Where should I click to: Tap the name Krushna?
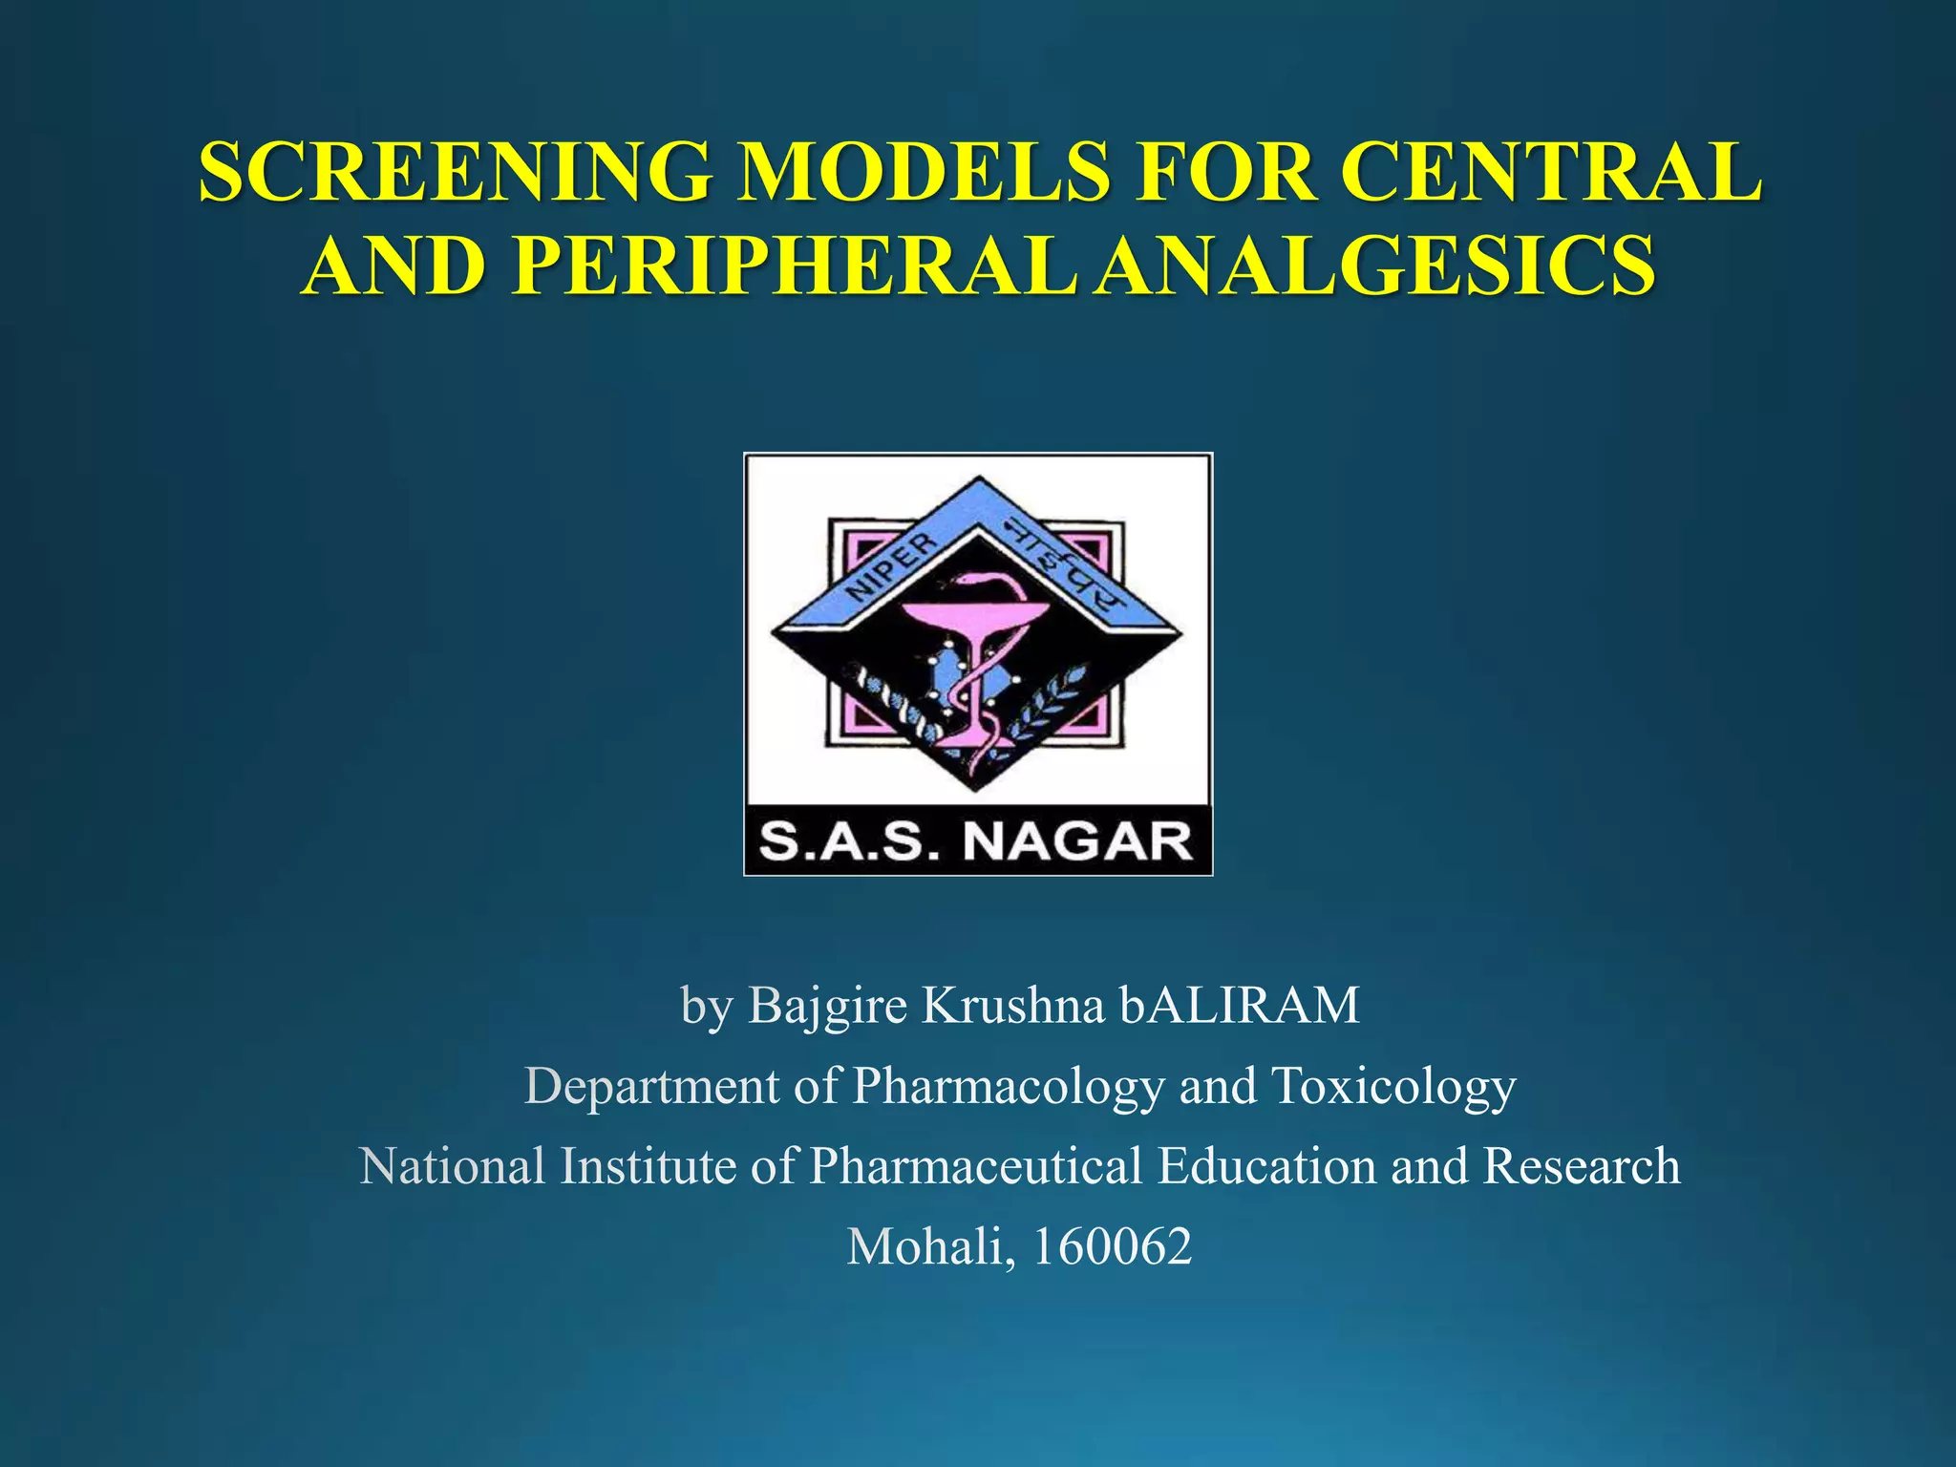click(1012, 1005)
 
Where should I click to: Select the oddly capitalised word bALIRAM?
click(1240, 1005)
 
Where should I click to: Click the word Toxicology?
click(1393, 1088)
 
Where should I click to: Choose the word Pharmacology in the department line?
click(1009, 1088)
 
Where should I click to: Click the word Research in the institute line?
click(1582, 1165)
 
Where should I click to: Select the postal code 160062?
click(1113, 1247)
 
